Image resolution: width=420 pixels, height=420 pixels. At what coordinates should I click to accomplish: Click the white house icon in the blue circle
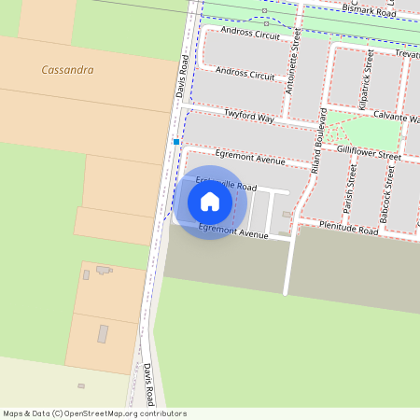point(210,202)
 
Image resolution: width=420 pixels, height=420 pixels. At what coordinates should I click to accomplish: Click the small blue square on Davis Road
point(175,142)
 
